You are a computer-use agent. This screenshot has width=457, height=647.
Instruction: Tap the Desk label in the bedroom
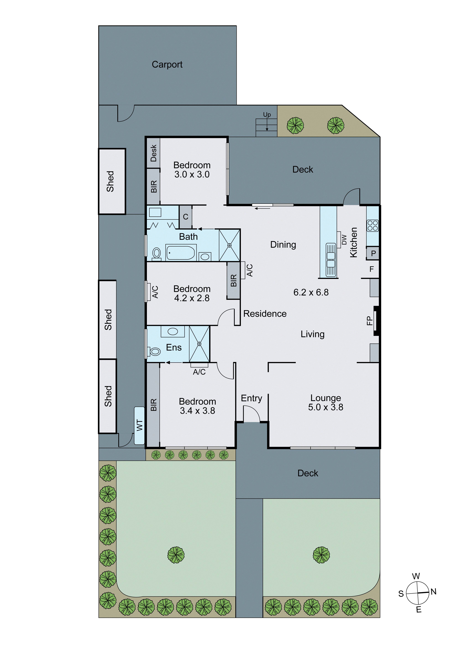tap(153, 153)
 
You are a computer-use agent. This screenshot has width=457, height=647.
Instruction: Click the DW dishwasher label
tap(344, 239)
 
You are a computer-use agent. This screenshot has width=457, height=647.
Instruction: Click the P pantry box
tap(373, 253)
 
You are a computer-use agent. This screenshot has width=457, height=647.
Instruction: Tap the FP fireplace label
tap(369, 321)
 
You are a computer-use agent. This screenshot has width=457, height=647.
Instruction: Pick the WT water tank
tap(139, 426)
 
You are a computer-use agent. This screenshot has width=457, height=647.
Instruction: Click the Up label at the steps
tap(267, 114)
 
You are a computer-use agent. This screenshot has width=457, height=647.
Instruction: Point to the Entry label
tap(252, 398)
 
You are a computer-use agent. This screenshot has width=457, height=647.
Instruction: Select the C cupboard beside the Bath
tap(186, 217)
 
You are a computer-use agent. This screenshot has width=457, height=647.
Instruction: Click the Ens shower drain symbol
tap(199, 344)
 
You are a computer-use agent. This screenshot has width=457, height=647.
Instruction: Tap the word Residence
tap(265, 314)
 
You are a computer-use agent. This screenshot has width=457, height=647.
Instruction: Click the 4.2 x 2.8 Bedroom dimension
tap(192, 298)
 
